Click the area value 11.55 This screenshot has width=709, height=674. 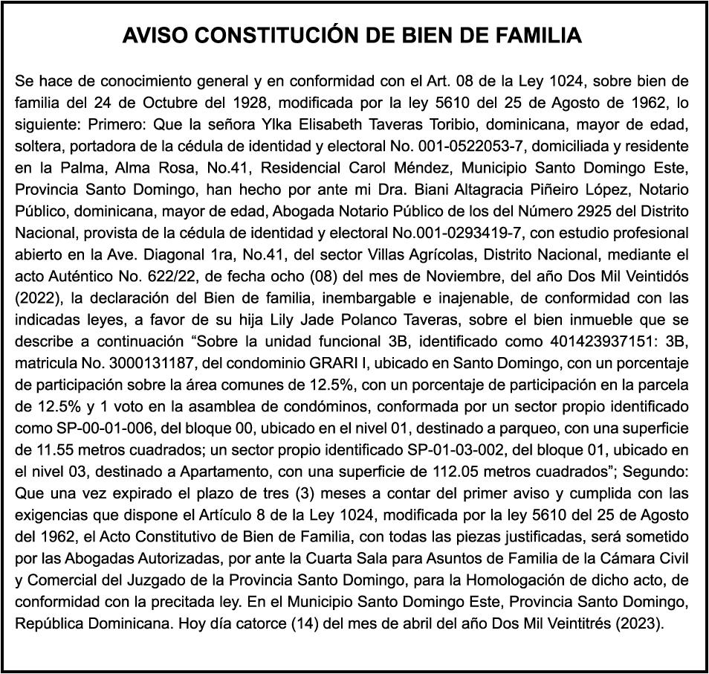[x=49, y=448]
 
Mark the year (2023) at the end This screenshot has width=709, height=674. [x=638, y=621]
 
